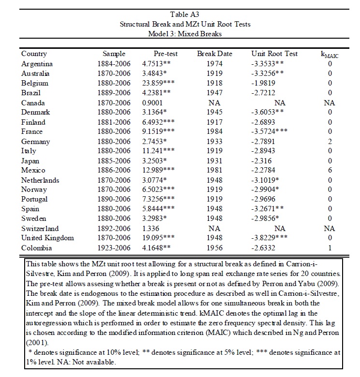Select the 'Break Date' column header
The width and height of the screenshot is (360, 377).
(213, 54)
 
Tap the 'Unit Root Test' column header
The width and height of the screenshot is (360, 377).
(274, 54)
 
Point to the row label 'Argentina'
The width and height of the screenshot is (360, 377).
(37, 64)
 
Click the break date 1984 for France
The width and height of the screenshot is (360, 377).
(213, 131)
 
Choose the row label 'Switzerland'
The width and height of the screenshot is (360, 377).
(40, 228)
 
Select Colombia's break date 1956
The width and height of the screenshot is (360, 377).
(213, 247)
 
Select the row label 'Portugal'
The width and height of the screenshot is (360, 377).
(35, 199)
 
